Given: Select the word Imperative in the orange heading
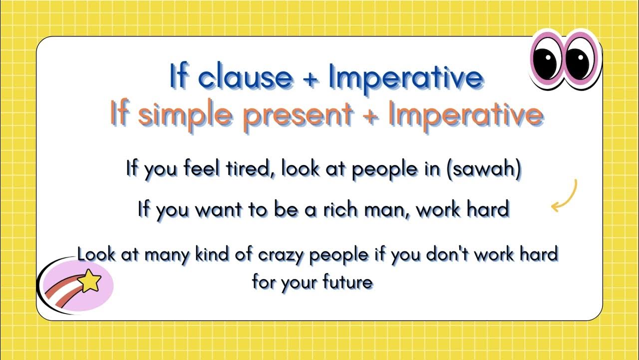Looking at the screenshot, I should pos(465,115).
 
